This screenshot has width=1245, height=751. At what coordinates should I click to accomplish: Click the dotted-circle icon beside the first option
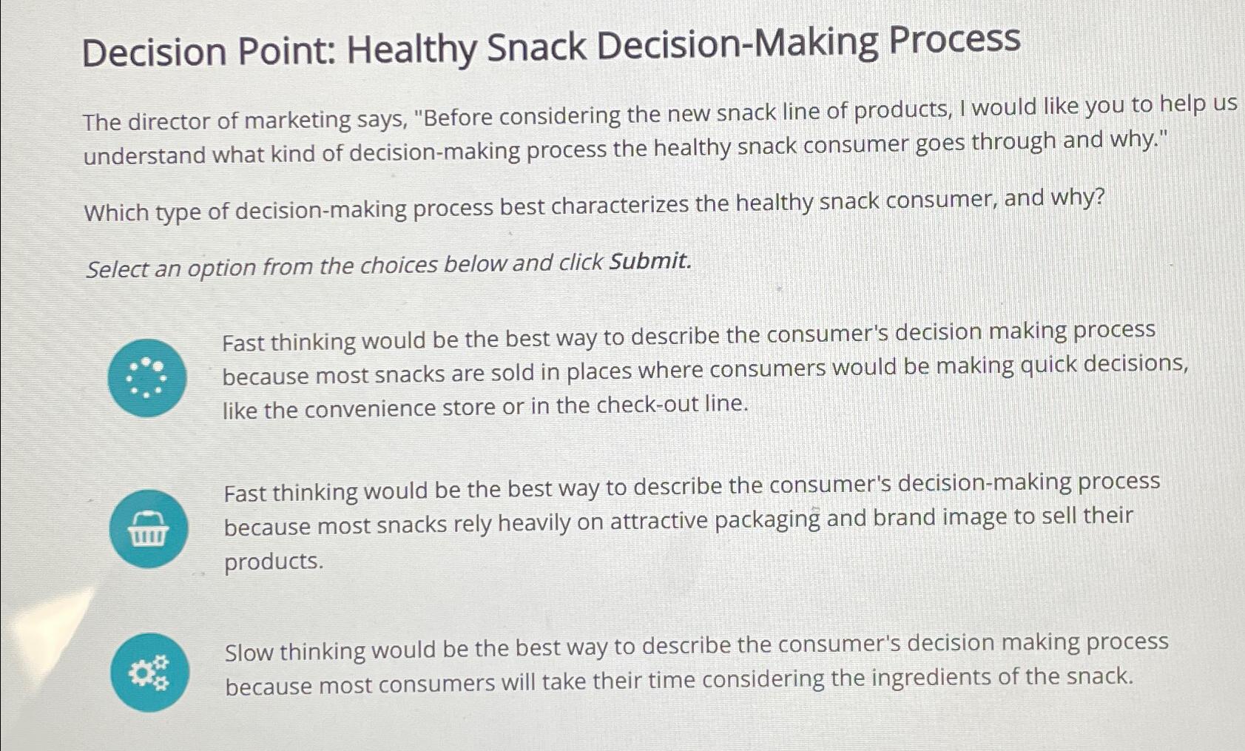click(x=146, y=377)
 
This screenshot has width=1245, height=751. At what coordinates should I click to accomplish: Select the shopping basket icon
click(x=148, y=528)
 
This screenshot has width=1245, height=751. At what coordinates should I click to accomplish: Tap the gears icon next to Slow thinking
click(x=150, y=672)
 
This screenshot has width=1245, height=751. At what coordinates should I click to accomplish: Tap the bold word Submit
click(x=649, y=261)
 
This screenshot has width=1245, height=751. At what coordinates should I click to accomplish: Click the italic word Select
click(x=118, y=269)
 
